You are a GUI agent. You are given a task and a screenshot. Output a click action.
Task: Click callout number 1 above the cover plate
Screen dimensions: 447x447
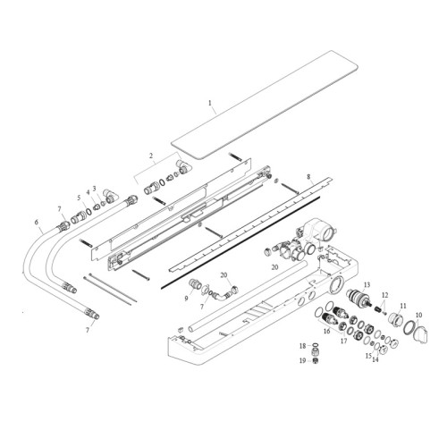tap(210, 105)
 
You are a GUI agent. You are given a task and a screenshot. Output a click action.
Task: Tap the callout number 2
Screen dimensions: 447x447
tap(151, 156)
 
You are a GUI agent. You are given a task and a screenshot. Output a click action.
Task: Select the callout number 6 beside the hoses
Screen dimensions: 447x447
tap(37, 223)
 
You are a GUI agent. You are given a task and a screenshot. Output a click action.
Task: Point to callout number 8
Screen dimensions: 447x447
tap(308, 178)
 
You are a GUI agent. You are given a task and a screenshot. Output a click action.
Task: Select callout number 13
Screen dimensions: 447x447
tap(367, 284)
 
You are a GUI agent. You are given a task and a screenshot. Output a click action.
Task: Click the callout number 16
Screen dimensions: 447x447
tap(326, 330)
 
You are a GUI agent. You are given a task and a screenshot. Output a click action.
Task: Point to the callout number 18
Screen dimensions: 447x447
tap(302, 345)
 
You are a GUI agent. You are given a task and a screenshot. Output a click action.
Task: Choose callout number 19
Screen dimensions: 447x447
tap(302, 360)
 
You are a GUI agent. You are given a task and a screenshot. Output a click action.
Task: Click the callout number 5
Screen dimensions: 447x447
tap(79, 198)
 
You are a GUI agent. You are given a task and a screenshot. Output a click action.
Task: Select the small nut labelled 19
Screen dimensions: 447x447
tap(315, 360)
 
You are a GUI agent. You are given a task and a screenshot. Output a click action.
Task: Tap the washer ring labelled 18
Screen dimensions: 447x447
tap(314, 345)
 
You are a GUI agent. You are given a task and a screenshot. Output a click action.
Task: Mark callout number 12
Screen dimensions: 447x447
tap(385, 294)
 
